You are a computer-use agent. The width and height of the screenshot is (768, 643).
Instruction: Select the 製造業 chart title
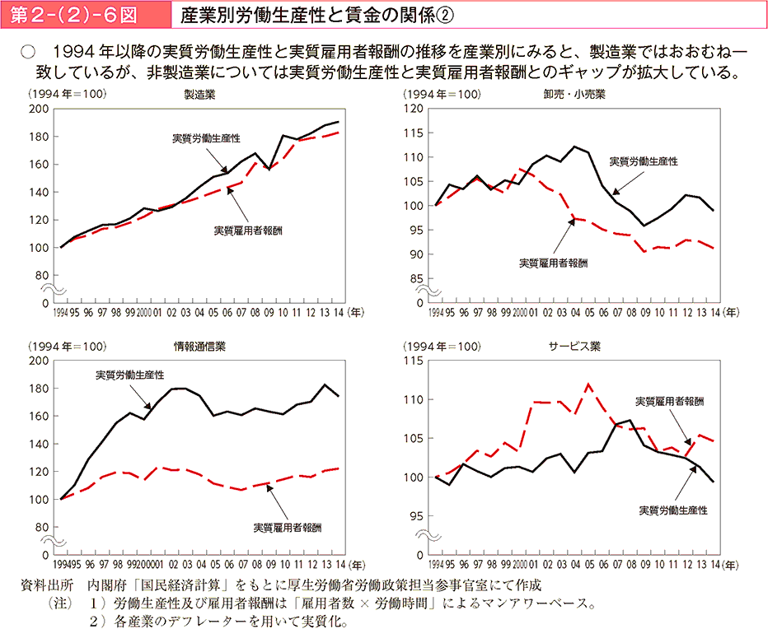[x=200, y=94]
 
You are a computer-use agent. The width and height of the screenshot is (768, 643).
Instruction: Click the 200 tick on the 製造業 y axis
[x=39, y=109]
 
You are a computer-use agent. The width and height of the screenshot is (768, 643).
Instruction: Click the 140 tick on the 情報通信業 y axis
[x=39, y=444]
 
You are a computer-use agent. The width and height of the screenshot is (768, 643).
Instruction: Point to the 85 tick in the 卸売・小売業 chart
[x=415, y=278]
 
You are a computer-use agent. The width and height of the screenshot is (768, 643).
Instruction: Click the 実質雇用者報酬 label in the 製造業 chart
[x=248, y=230]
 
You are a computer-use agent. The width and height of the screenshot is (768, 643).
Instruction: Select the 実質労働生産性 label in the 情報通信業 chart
[x=129, y=375]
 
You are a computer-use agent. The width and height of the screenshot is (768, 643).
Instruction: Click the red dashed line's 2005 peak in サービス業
[x=588, y=384]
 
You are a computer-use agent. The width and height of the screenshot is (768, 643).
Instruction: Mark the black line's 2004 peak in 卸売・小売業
[x=574, y=147]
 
